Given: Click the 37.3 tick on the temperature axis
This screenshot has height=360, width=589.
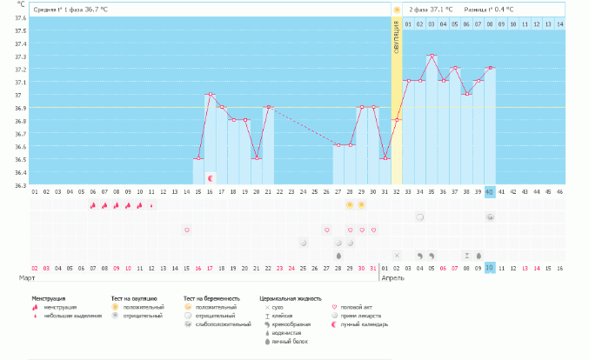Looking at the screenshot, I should click(20, 57).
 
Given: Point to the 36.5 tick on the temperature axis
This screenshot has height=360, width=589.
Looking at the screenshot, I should click(20, 159).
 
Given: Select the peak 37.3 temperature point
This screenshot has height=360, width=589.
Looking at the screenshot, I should click(432, 56).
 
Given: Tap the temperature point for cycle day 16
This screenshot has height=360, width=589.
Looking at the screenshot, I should click(210, 94).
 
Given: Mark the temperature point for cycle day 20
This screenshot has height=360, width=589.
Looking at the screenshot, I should click(256, 158).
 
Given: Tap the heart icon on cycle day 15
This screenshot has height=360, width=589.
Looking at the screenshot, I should click(186, 230).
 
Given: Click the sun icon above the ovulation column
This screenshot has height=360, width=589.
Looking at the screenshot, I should click(397, 10).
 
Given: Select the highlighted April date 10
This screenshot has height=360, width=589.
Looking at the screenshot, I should click(490, 267).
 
